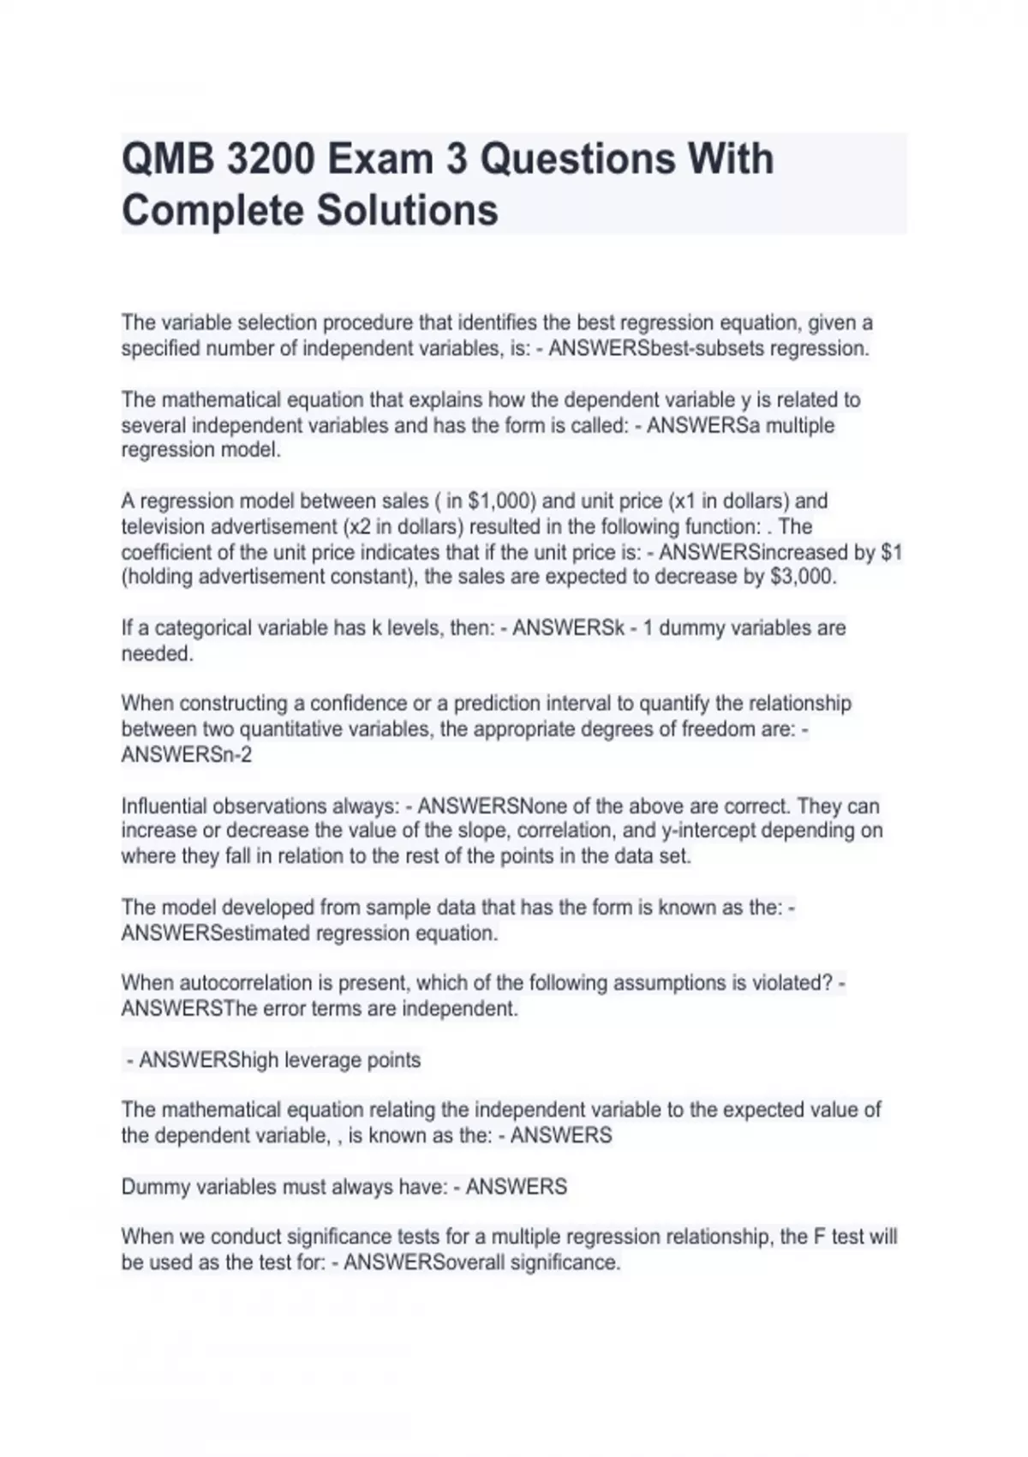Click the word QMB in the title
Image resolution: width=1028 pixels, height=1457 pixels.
coord(166,159)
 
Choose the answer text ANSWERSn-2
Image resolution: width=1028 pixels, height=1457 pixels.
coord(187,755)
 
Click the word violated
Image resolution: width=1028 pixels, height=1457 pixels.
coord(790,983)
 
